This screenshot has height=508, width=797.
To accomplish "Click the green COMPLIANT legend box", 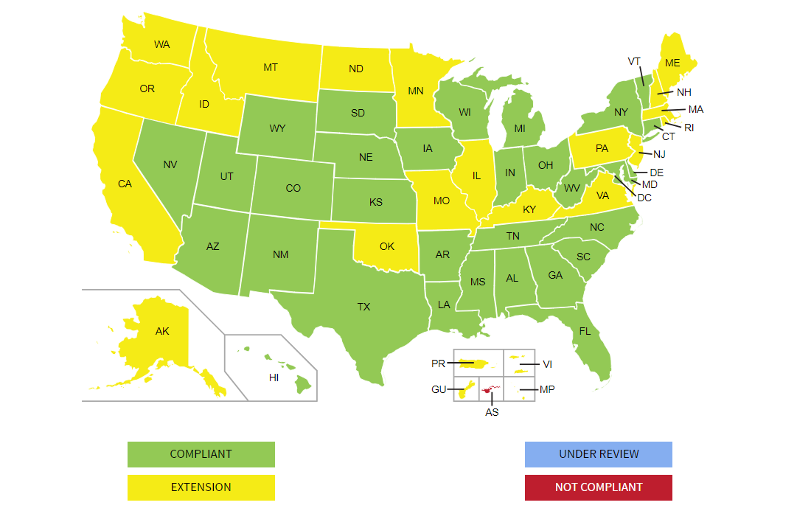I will pyautogui.click(x=201, y=454).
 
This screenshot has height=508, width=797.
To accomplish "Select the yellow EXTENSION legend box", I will pyautogui.click(x=201, y=487).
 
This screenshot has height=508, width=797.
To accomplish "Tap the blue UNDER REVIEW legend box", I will pyautogui.click(x=598, y=454).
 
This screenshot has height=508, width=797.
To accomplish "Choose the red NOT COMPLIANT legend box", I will pyautogui.click(x=598, y=487).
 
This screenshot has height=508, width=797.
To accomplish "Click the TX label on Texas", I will pyautogui.click(x=363, y=307).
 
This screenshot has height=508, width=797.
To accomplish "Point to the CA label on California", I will pyautogui.click(x=125, y=184).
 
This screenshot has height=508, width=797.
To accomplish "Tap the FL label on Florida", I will pyautogui.click(x=585, y=331).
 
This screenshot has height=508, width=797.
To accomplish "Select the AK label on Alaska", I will pyautogui.click(x=162, y=331).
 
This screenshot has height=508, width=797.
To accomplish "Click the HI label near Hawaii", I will pyautogui.click(x=274, y=377).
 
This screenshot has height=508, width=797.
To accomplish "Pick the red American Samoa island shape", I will pyautogui.click(x=490, y=389).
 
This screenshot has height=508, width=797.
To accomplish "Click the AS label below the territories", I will pyautogui.click(x=492, y=412).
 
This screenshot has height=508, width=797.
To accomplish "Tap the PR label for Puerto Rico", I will pyautogui.click(x=438, y=363).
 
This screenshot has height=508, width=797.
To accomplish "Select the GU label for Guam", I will pyautogui.click(x=439, y=389).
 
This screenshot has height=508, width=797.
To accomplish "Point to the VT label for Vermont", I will pyautogui.click(x=634, y=61).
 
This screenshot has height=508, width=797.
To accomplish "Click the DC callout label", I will pyautogui.click(x=644, y=198).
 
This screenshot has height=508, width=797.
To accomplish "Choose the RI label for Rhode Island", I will pyautogui.click(x=689, y=128).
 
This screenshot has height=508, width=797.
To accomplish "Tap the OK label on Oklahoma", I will pyautogui.click(x=387, y=246).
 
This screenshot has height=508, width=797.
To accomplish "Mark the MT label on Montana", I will pyautogui.click(x=271, y=67).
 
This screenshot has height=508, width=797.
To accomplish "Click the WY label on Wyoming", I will pyautogui.click(x=277, y=128).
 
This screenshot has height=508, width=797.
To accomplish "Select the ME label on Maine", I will pyautogui.click(x=672, y=63).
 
